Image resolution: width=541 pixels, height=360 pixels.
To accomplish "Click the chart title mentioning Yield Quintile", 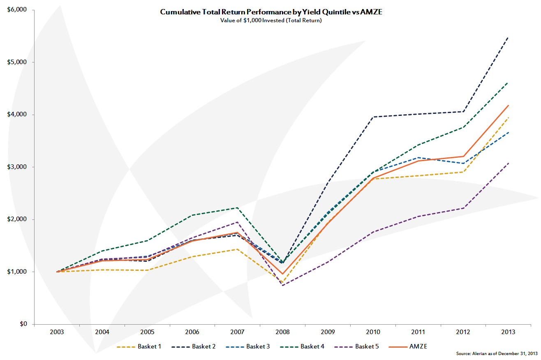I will [271, 12].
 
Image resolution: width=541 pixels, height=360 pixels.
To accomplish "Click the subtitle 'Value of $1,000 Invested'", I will [271, 21].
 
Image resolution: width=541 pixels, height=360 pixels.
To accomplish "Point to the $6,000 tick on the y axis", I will [17, 10].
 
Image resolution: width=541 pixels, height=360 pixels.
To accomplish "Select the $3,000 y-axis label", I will [17, 167].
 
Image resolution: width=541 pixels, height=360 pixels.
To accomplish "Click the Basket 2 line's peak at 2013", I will [508, 37].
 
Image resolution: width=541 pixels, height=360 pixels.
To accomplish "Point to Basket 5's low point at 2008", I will [282, 285].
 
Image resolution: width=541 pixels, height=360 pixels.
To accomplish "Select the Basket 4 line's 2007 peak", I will [237, 208].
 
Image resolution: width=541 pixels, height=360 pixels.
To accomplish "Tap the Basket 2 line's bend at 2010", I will [373, 117].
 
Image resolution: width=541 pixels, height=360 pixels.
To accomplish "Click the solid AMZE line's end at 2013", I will [508, 105].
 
